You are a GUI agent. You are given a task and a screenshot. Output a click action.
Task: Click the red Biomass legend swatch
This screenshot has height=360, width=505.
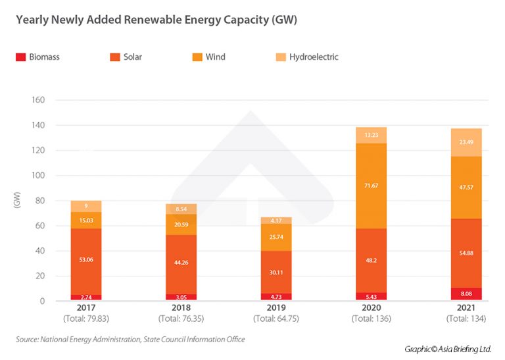[x=20, y=57]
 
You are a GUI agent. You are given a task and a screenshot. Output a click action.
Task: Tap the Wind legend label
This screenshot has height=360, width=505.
[x=215, y=57]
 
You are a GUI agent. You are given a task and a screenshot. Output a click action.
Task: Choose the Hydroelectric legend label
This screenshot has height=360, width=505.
[x=314, y=57]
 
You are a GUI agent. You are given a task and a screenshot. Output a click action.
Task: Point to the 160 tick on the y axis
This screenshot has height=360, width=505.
[x=38, y=100]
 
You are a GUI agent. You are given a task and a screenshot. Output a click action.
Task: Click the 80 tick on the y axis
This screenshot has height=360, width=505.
[x=40, y=201]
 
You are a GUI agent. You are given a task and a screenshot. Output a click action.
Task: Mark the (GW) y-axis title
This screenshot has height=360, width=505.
[x=17, y=201]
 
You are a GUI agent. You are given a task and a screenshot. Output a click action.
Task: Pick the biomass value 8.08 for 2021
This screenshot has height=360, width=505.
[x=466, y=296]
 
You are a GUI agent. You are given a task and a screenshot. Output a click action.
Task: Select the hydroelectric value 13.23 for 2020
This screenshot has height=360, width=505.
[x=370, y=136]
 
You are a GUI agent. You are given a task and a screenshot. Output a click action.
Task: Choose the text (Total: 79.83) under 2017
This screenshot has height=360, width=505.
[x=85, y=319]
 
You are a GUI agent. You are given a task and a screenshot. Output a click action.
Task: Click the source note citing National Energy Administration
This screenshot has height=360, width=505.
[x=130, y=340]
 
